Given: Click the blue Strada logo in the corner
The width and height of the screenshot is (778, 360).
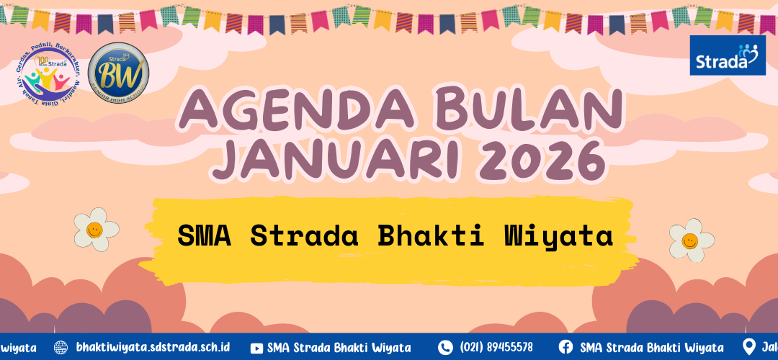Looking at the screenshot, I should [x=728, y=55].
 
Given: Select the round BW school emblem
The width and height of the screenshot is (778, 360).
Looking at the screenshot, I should [x=117, y=73].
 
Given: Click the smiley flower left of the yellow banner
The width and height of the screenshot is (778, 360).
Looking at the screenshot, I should [x=96, y=229].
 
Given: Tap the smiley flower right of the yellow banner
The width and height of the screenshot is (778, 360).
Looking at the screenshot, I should [x=691, y=240].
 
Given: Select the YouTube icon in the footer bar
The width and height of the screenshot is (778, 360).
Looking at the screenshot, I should [x=256, y=347].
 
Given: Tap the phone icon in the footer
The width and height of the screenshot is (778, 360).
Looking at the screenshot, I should [x=445, y=347].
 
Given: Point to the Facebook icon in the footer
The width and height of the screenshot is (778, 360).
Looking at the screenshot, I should [x=565, y=347].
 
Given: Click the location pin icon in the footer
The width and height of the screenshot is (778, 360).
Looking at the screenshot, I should [x=750, y=347].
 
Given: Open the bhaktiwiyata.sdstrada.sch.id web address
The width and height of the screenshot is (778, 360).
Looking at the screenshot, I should [x=152, y=347].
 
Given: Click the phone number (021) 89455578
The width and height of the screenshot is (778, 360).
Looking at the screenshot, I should [x=496, y=347].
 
